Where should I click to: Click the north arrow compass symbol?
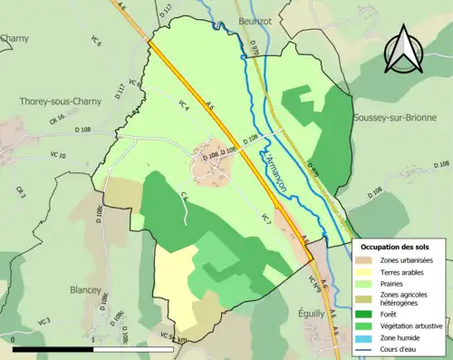coord(402,49)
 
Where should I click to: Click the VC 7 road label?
coord(265,218)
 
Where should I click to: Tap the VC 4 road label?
coord(183,104)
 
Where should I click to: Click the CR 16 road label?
coord(58,119)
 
